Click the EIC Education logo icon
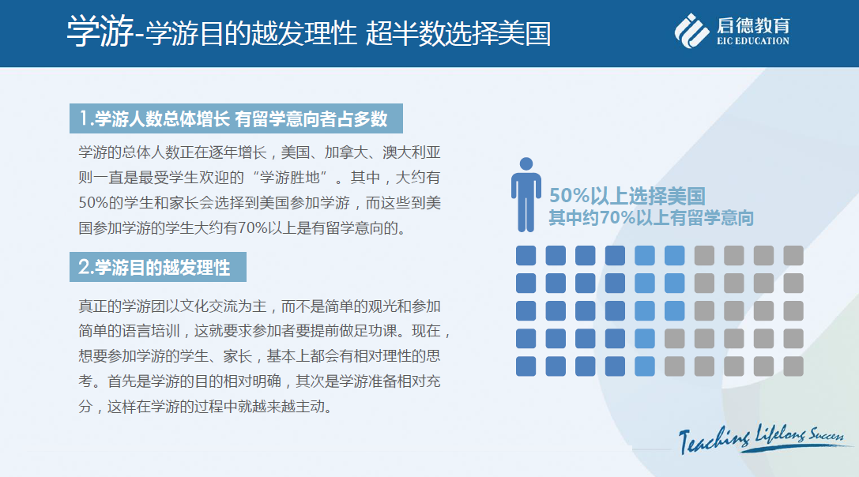point(691,31)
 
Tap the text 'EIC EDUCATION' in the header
point(753,40)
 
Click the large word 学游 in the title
point(101,32)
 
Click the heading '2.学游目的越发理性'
point(154,267)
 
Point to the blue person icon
point(526,195)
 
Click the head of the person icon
point(526,163)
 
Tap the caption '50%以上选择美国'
point(627,196)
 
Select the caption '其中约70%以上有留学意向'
point(651,218)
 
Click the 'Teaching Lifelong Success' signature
point(762,438)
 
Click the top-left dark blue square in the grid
point(526,256)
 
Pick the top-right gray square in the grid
point(793,256)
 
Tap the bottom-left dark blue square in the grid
point(526,366)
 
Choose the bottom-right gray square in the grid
point(793,366)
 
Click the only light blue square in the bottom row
point(645,366)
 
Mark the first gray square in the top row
point(704,256)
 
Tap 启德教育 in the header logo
point(753,25)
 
